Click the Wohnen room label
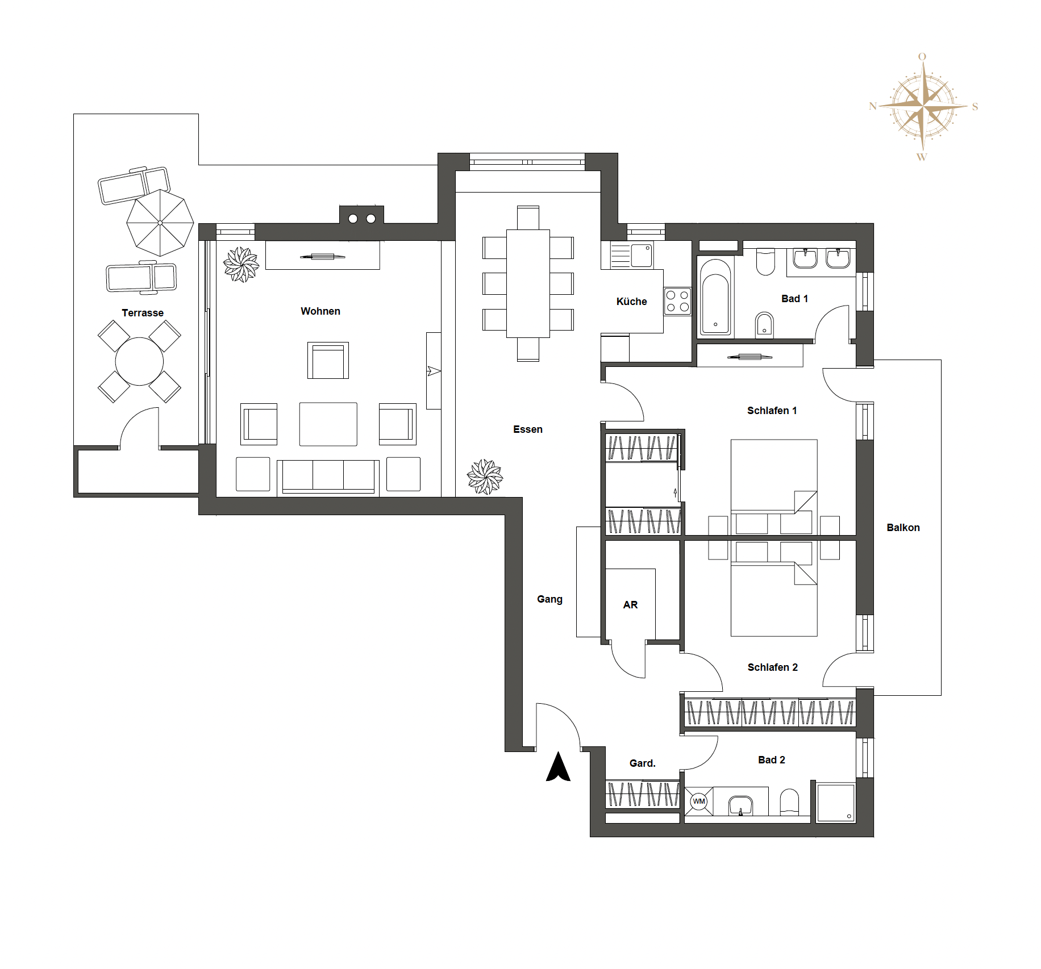320,311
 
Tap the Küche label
631,302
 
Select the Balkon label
903,528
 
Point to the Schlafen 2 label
772,667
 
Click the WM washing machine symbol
699,801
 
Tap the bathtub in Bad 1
715,297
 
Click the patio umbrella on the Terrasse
160,223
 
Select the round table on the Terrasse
139,361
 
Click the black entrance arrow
558,766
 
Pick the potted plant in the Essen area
485,477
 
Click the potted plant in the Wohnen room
241,264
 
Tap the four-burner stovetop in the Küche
677,302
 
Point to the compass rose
923,107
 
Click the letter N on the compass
873,106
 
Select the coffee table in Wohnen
328,424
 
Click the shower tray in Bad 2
835,803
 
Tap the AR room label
630,605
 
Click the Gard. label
642,763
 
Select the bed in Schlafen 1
774,487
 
